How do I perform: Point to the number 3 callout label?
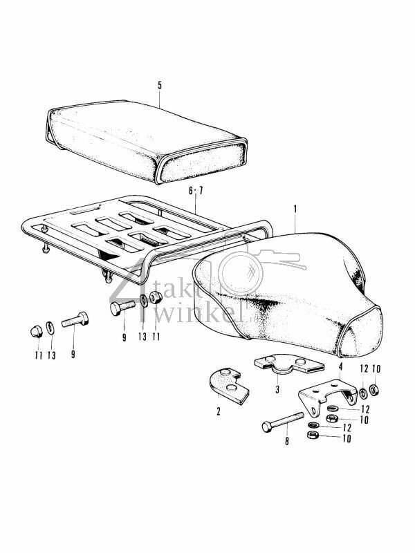pos(277,389)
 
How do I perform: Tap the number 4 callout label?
pos(340,365)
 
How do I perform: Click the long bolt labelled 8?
pos(284,422)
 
